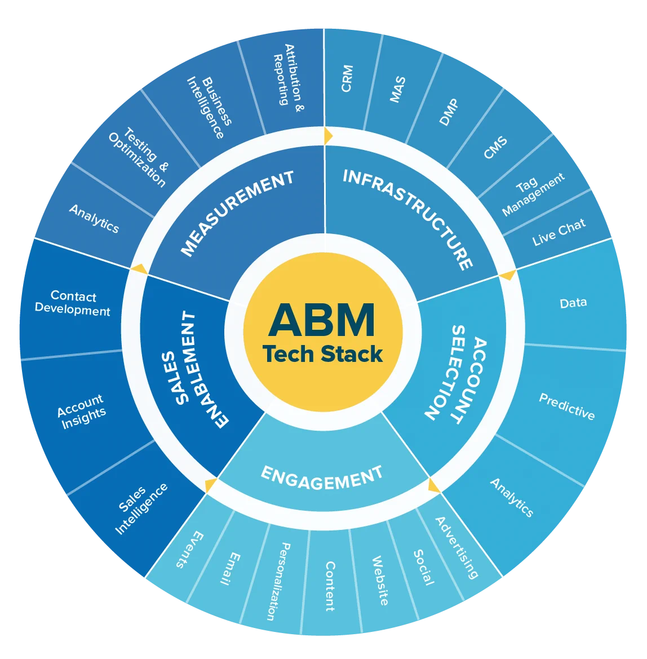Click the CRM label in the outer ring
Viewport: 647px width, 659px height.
click(347, 78)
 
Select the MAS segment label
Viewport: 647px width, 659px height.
click(397, 89)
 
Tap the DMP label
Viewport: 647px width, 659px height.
click(449, 112)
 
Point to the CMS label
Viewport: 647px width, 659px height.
click(496, 148)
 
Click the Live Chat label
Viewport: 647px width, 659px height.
click(559, 232)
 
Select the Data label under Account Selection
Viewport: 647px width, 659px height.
click(574, 303)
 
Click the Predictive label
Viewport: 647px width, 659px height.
click(567, 406)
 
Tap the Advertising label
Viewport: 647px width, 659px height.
click(457, 547)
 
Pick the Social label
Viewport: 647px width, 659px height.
click(423, 567)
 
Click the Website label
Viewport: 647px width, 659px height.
click(380, 581)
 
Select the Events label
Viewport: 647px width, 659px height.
click(190, 550)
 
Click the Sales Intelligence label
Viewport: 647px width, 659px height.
click(141, 508)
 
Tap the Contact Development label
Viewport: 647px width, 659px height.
click(73, 303)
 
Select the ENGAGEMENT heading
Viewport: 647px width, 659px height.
click(322, 479)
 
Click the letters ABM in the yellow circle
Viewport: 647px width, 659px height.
click(322, 320)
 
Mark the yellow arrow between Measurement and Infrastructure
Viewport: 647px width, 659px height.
click(328, 136)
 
